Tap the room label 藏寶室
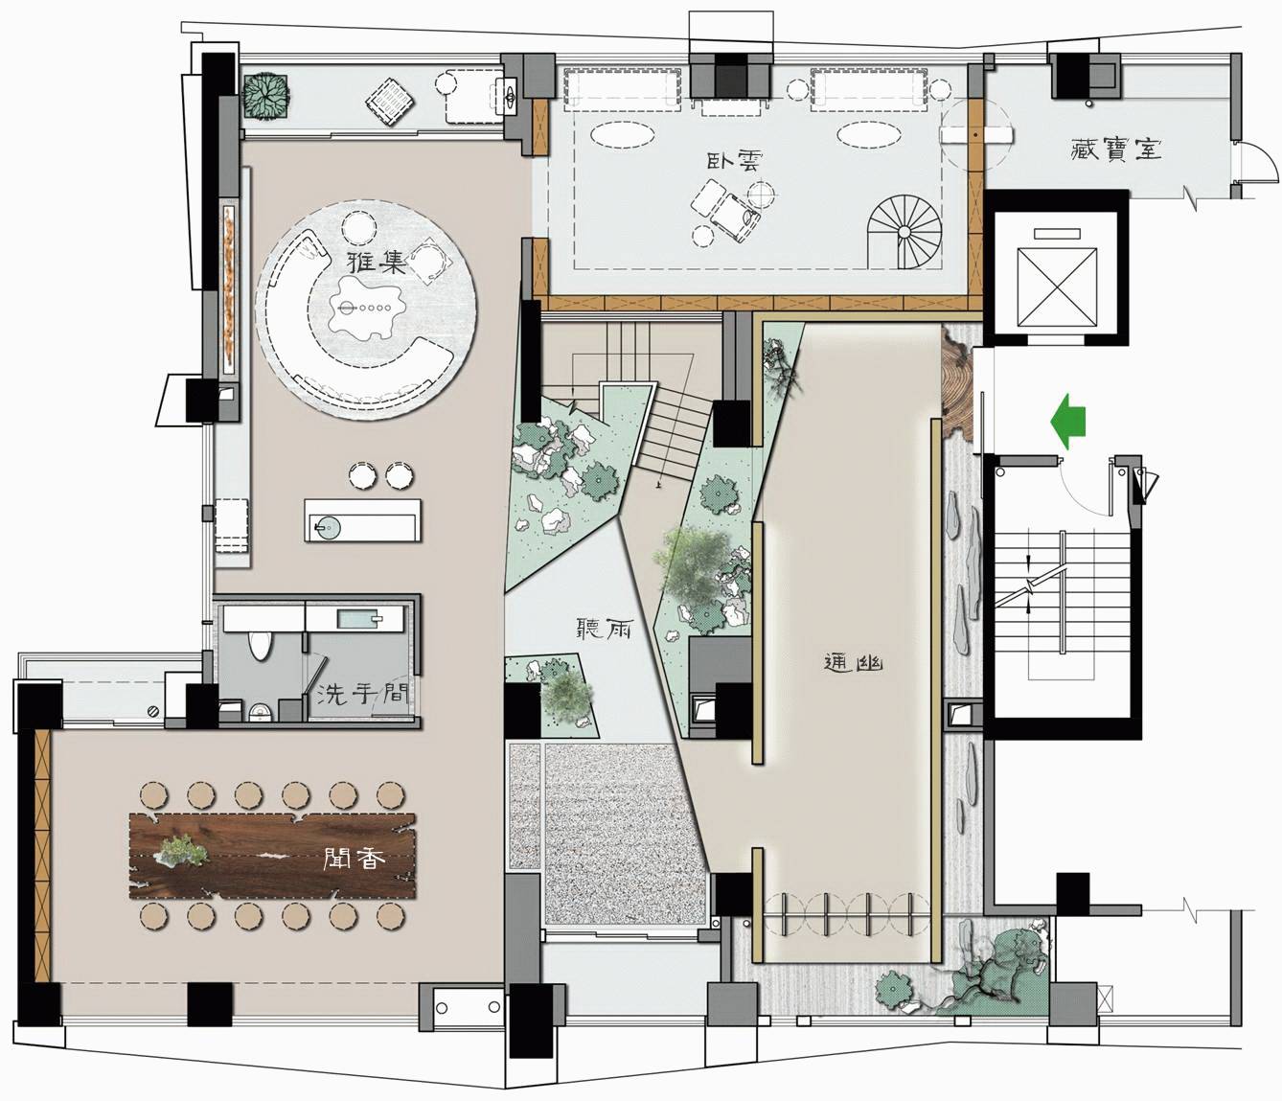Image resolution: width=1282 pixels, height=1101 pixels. point(1116,149)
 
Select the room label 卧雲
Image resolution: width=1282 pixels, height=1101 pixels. point(734,160)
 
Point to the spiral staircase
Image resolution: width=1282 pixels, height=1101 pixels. point(904,232)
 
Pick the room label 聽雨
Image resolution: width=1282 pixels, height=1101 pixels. point(603,630)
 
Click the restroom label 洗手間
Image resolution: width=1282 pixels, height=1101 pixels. point(362,693)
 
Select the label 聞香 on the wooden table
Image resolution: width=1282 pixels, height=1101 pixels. point(355,859)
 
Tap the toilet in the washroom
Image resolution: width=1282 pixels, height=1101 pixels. point(259,645)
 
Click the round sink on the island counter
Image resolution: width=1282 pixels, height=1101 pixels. point(328,528)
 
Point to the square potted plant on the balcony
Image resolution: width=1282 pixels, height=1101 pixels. point(264,95)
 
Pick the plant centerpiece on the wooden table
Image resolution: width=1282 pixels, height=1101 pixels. point(180,850)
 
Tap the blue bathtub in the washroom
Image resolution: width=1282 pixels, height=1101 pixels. point(358,619)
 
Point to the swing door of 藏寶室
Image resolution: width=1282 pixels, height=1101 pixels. point(1254,163)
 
